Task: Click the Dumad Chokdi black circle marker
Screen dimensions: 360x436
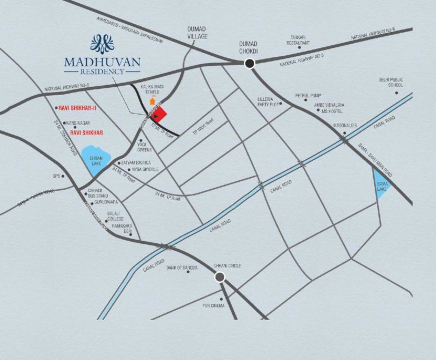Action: (x=250, y=64)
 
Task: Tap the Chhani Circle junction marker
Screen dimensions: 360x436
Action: (x=220, y=277)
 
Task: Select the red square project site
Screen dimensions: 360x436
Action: (x=160, y=114)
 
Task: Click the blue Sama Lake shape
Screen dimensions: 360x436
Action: (x=382, y=184)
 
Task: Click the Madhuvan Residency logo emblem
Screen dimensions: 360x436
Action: (x=102, y=44)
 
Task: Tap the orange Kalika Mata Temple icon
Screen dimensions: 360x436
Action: (x=152, y=101)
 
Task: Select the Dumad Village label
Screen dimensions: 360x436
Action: (x=198, y=33)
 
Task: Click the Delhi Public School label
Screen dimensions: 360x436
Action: (x=391, y=82)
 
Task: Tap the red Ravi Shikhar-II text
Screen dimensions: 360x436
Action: (x=77, y=108)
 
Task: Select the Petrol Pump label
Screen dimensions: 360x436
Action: (x=308, y=96)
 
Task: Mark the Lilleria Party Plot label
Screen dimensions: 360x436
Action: (x=268, y=102)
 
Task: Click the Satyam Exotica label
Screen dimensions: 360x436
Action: (x=136, y=162)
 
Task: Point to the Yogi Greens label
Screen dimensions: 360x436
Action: (x=144, y=147)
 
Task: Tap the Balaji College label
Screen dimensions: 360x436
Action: (x=116, y=217)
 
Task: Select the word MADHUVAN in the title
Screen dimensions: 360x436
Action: (x=102, y=62)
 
